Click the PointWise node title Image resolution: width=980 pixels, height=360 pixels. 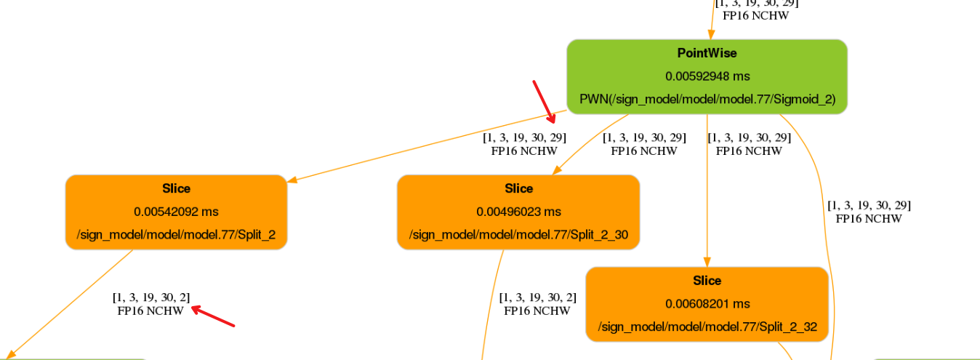coord(707,53)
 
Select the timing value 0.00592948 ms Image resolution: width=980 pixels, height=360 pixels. coord(707,76)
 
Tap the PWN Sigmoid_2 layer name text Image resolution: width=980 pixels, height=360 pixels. coord(707,99)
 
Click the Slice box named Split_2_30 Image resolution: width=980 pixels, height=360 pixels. coord(518,212)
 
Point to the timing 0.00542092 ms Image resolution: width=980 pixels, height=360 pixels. coord(176,212)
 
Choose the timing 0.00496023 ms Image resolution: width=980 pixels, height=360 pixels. coord(518,212)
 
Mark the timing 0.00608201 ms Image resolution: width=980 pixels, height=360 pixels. coord(707,304)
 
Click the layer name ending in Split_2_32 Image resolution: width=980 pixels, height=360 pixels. coord(707,327)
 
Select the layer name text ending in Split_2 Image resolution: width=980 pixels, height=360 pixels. coord(176,235)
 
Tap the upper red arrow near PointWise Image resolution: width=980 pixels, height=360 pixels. coord(544,102)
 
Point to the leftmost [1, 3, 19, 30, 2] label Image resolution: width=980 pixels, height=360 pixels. coord(151,297)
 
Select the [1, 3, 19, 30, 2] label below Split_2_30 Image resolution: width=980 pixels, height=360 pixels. coord(537,297)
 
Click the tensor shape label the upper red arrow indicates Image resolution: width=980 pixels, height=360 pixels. coord(524,137)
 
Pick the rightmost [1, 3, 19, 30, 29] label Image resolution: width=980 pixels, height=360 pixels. coord(869,205)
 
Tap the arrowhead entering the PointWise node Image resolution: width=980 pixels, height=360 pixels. coord(711,35)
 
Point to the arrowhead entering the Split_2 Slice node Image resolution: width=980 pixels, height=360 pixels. coord(292,181)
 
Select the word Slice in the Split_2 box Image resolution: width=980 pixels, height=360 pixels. coord(176,188)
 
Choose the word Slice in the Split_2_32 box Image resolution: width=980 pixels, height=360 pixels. coord(707,281)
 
